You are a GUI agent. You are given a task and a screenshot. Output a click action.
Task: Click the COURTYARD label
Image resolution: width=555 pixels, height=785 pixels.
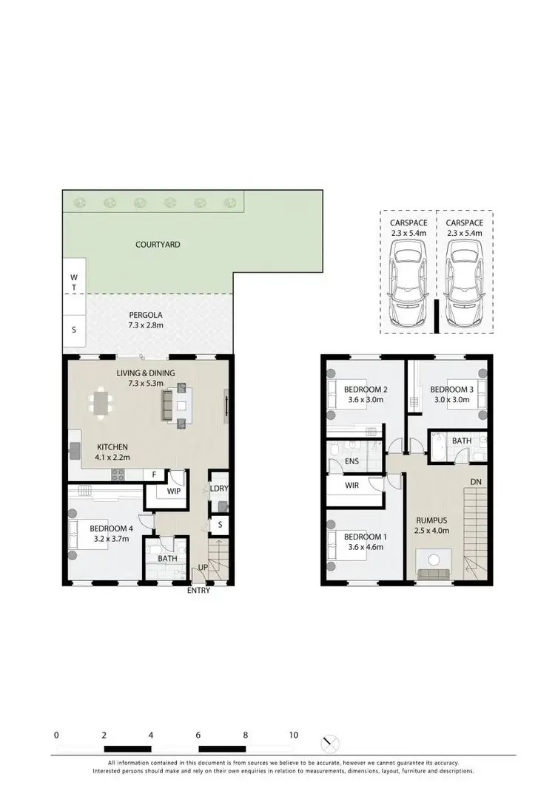point(158,244)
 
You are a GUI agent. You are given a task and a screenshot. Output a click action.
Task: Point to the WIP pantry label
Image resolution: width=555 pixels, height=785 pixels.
point(174,491)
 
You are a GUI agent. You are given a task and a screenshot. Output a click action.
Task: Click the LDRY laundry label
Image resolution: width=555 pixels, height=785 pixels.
point(218,489)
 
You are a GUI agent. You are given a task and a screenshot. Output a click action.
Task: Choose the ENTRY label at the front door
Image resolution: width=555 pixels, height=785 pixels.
point(199,591)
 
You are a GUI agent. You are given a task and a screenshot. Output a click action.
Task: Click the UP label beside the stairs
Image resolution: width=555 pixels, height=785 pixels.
point(202,568)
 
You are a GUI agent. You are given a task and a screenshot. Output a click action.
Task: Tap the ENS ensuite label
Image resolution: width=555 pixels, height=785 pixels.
point(332,463)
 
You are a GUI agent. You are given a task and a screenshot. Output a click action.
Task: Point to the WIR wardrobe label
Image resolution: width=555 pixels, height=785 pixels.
point(351,486)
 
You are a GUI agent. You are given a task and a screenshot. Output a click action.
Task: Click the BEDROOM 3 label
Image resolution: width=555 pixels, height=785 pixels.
point(451,390)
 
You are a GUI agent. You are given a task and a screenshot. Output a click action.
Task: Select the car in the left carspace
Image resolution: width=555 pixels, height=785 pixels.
point(408,286)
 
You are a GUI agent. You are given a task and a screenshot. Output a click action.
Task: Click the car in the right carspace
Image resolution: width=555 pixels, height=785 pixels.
point(465,286)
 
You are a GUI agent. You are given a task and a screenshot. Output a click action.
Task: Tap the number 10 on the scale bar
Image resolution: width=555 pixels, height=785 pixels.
point(294,735)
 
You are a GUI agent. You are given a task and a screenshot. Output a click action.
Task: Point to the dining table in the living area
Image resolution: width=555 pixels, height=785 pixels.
point(101,404)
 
